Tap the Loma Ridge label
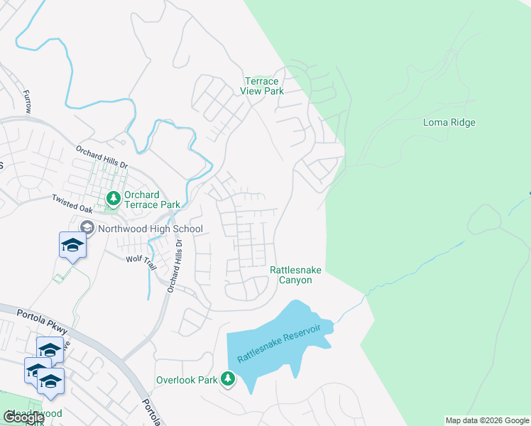coord(449,122)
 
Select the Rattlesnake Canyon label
coord(290,275)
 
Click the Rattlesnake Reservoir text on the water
coord(280,344)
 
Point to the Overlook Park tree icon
coord(228,380)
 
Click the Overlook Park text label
coord(187,380)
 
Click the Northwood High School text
coord(150,229)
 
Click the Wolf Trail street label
coord(140,259)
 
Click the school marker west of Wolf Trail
coord(72,246)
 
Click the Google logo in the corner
coord(24,417)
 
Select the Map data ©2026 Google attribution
coord(487,420)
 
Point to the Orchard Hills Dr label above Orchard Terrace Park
coord(102,157)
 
